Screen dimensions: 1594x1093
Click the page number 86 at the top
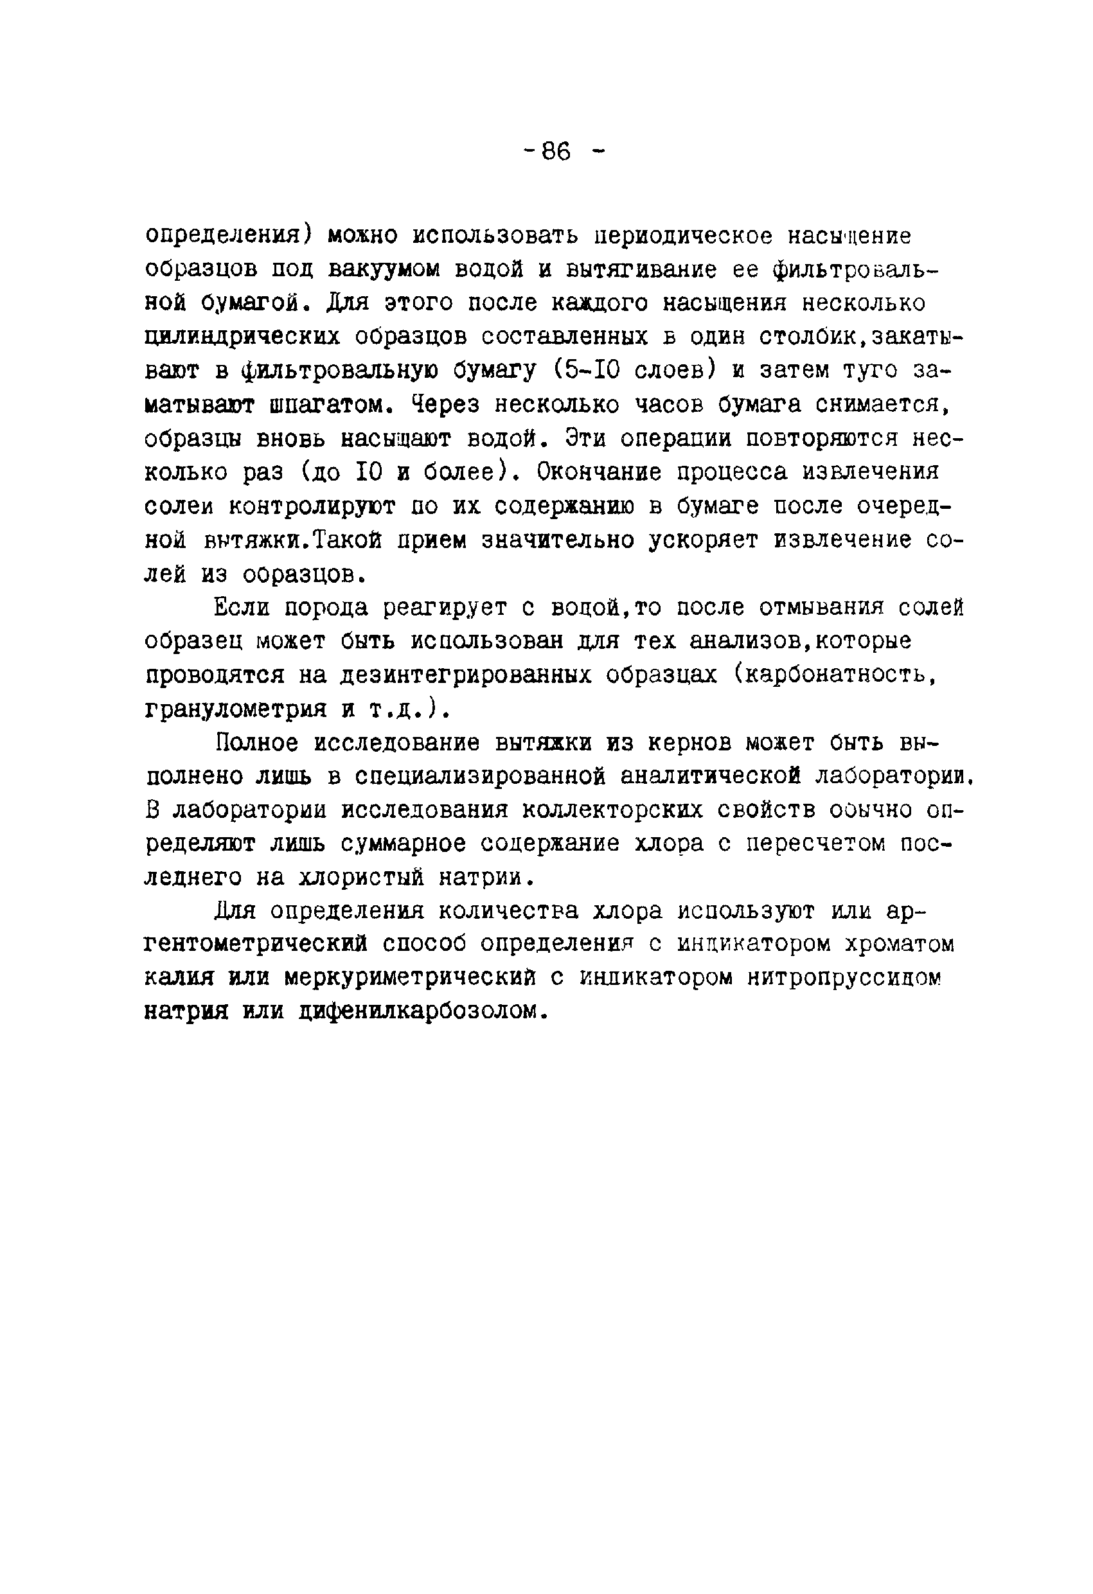(x=556, y=152)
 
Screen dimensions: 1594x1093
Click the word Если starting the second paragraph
(x=242, y=608)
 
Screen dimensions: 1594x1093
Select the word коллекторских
(x=613, y=810)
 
